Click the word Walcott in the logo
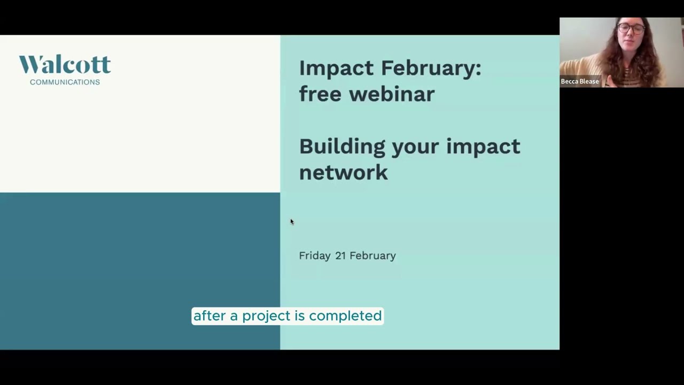click(x=65, y=65)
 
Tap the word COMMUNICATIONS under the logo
click(x=65, y=82)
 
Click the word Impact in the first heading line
click(x=336, y=68)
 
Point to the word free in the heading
click(x=320, y=94)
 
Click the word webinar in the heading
click(x=392, y=94)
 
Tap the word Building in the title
click(x=342, y=147)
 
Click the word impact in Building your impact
click(x=483, y=147)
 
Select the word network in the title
click(x=343, y=172)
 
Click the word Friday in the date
click(x=315, y=256)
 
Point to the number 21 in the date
click(x=340, y=256)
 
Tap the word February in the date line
click(x=372, y=256)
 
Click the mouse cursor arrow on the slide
click(x=292, y=221)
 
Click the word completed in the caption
click(x=345, y=316)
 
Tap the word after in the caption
click(x=209, y=316)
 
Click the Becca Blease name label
click(x=580, y=81)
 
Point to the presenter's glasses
click(x=631, y=29)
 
